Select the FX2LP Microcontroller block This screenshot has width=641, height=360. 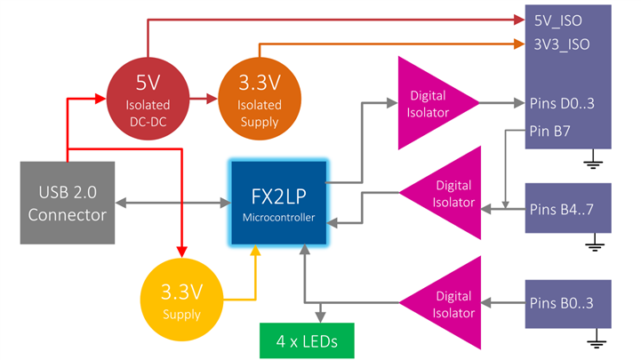[279, 203]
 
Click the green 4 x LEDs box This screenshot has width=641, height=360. [305, 340]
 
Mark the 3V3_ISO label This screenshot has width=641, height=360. [560, 44]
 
